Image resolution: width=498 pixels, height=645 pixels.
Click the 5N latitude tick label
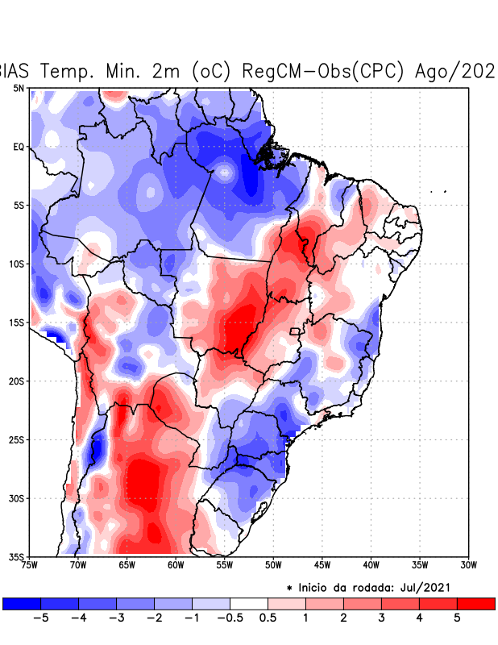click(19, 88)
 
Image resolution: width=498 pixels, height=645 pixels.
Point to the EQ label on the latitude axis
click(19, 147)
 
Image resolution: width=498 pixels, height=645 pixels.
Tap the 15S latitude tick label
click(18, 322)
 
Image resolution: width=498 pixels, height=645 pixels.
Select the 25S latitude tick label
click(18, 439)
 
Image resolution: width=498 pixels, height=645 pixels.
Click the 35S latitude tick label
click(18, 556)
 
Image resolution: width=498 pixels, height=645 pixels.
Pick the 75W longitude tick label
click(31, 564)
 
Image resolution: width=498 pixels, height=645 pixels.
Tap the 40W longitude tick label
click(371, 564)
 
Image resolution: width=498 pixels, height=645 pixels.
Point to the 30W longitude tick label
click(468, 564)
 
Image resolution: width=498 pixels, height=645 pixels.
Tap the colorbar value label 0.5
click(268, 618)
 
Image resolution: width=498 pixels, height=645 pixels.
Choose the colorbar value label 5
click(457, 618)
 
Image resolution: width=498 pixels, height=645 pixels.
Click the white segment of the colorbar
click(248, 603)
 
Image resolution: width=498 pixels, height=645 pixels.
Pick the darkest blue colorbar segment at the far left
click(22, 603)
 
